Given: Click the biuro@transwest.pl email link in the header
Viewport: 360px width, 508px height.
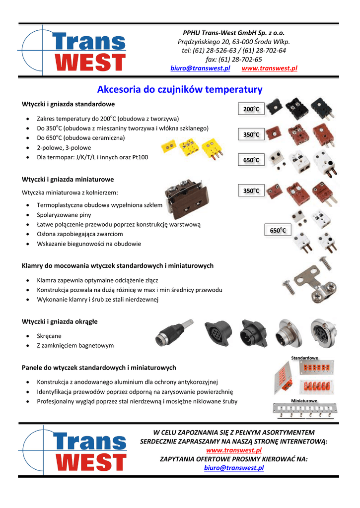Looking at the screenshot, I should (200, 68).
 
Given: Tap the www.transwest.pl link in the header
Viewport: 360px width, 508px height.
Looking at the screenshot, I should (269, 68).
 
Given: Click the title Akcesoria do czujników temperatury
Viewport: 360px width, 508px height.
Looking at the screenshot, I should (180, 90).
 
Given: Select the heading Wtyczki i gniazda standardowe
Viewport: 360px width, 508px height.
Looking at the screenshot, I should (69, 104).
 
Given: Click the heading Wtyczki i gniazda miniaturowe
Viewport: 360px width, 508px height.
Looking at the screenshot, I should (68, 179).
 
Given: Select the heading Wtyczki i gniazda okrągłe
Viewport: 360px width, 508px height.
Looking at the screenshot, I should (60, 321).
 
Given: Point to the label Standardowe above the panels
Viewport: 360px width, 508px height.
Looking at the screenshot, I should (304, 358).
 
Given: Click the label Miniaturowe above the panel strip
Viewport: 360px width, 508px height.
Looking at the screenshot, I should (304, 400).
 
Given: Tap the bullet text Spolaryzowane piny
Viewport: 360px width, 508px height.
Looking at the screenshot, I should (64, 215).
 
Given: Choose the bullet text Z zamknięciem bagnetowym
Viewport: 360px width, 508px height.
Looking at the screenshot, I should (75, 345).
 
